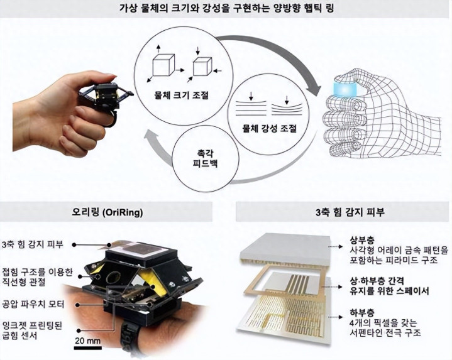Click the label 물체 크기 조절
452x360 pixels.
click(x=181, y=95)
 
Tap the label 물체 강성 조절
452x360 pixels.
click(x=270, y=128)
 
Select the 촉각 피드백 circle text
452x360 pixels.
click(x=206, y=159)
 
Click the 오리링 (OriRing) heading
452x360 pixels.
click(x=107, y=212)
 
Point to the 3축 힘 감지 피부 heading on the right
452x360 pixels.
click(x=350, y=212)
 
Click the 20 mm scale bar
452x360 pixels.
click(x=88, y=348)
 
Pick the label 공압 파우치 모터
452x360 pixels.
click(x=33, y=305)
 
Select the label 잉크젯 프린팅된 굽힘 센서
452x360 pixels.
click(x=31, y=330)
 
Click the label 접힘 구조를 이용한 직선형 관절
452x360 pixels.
click(x=37, y=277)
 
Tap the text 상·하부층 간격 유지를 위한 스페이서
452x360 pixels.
click(x=389, y=286)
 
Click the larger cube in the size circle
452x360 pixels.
click(x=163, y=65)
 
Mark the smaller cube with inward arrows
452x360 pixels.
click(x=202, y=67)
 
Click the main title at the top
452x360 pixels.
click(x=226, y=8)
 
